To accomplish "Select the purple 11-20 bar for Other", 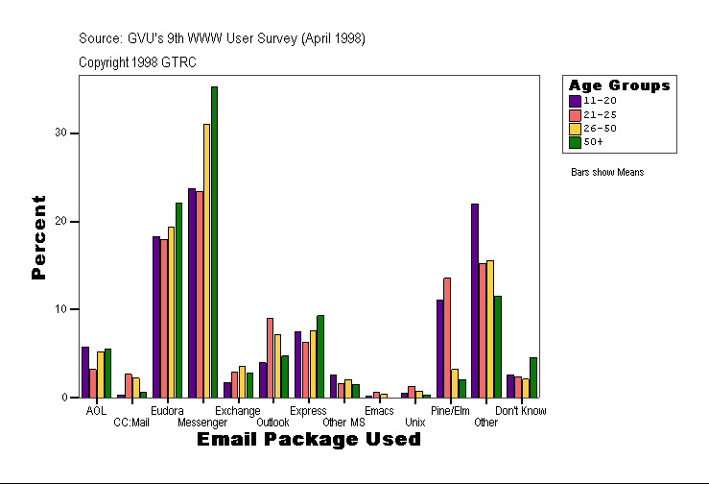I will tap(475, 301).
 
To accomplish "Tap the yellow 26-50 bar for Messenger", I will tap(206, 260).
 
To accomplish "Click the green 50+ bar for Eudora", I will tap(178, 300).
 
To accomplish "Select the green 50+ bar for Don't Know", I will tap(533, 377).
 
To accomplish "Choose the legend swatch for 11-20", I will tap(575, 100).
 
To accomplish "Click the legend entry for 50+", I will tap(594, 141).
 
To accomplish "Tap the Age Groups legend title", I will tap(619, 85).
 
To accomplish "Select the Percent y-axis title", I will tap(38, 237).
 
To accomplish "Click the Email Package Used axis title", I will tap(308, 439).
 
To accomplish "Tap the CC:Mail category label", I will tap(131, 422).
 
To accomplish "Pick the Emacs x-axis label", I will tap(379, 410).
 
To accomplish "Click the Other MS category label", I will tap(343, 422).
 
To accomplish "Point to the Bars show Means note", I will tap(607, 172).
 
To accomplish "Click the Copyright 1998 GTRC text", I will tap(137, 61).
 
